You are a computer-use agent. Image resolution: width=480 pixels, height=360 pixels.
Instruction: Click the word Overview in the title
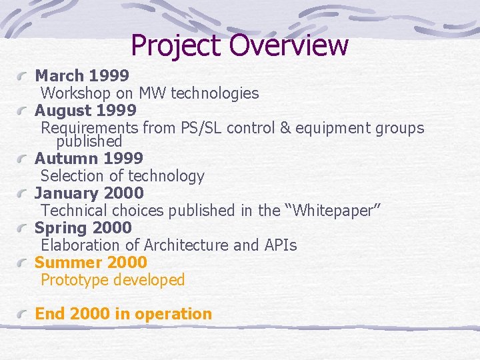tap(289, 45)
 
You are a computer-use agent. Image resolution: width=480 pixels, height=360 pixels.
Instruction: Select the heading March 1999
tap(81, 76)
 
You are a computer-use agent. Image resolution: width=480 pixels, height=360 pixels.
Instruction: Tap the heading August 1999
tap(85, 110)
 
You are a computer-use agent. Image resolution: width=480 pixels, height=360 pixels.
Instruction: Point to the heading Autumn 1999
tap(89, 159)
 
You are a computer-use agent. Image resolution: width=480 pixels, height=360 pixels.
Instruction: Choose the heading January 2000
tap(89, 193)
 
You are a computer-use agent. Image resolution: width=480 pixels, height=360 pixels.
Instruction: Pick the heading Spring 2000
tap(83, 228)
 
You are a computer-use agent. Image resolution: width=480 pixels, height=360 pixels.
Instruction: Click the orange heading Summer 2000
tap(91, 263)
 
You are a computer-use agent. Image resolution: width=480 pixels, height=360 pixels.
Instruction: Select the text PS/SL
tap(205, 128)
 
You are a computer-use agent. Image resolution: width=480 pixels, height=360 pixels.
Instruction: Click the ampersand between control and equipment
tap(285, 128)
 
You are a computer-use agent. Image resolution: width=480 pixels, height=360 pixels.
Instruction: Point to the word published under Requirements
tap(89, 141)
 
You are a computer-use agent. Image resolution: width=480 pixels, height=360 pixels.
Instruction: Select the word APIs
tap(280, 245)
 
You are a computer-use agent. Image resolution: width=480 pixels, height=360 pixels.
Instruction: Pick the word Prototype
tap(75, 280)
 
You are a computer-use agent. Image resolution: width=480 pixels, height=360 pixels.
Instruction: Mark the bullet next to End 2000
tap(23, 315)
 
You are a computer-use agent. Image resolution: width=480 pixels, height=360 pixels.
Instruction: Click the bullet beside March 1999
tap(23, 77)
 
